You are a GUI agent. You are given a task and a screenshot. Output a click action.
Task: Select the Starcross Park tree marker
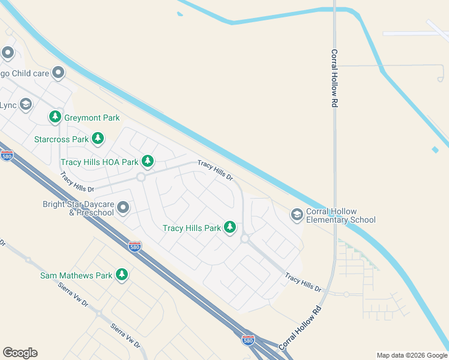tap(98, 139)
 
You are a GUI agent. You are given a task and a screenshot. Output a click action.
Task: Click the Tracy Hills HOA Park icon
tap(147, 161)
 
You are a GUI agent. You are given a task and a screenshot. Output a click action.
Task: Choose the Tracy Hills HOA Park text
tap(99, 162)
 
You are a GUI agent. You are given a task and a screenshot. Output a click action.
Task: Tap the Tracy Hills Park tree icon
tap(229, 227)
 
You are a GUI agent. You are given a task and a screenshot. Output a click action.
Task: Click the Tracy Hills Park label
tap(192, 228)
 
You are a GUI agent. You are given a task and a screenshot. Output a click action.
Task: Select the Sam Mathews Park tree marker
tap(121, 275)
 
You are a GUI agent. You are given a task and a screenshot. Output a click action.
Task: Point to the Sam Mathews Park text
tap(76, 276)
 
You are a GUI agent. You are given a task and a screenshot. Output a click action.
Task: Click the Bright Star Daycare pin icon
tap(123, 208)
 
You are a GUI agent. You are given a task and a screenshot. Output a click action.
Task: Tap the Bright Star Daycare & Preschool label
tap(78, 208)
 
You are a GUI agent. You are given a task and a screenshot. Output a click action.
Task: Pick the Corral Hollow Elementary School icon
tap(297, 214)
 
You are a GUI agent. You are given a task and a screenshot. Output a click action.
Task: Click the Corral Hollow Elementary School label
tap(340, 215)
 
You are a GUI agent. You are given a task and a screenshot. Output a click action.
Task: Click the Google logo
tap(20, 353)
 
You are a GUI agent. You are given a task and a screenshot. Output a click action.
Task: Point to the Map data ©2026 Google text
tap(412, 355)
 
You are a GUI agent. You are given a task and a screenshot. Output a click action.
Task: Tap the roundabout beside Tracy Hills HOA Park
tap(141, 177)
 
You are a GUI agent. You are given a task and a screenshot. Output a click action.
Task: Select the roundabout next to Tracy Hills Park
tap(245, 238)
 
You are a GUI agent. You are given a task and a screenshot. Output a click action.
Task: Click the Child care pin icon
tap(58, 73)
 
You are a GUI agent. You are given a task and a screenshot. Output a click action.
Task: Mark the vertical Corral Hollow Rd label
tap(334, 78)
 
